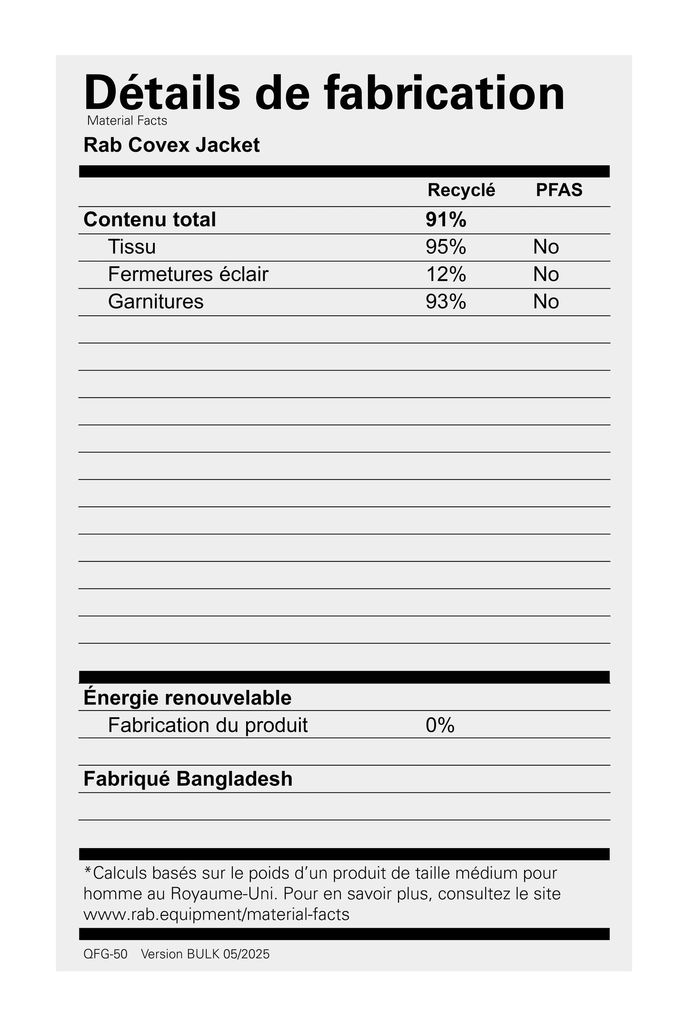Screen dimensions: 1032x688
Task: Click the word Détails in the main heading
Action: pyautogui.click(x=162, y=93)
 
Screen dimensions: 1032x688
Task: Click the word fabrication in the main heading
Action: pyautogui.click(x=445, y=93)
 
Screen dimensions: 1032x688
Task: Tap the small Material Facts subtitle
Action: pyautogui.click(x=127, y=121)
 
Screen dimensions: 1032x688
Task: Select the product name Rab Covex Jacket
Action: pyautogui.click(x=171, y=145)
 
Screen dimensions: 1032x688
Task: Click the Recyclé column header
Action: pyautogui.click(x=461, y=190)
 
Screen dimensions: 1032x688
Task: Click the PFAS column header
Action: pyautogui.click(x=559, y=190)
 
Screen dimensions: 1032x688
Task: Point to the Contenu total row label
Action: pyautogui.click(x=150, y=220)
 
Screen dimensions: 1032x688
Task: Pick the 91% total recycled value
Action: pyautogui.click(x=446, y=220)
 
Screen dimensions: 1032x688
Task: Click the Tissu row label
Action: pyautogui.click(x=132, y=247)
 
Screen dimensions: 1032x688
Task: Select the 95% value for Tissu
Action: pyautogui.click(x=446, y=247)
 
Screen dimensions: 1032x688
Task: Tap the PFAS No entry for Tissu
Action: pyautogui.click(x=546, y=247)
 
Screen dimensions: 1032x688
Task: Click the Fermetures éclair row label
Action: pyautogui.click(x=188, y=274)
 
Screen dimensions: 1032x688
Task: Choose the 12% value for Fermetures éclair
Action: pyautogui.click(x=446, y=274)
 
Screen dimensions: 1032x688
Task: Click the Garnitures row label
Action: pyautogui.click(x=156, y=301)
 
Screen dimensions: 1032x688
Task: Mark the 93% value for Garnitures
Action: pyautogui.click(x=446, y=301)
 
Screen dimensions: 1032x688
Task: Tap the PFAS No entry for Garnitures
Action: pyautogui.click(x=546, y=301)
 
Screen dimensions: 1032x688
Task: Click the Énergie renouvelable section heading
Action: pyautogui.click(x=187, y=698)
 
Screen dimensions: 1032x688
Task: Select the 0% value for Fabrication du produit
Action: pyautogui.click(x=440, y=725)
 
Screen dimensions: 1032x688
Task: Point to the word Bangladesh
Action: pyautogui.click(x=234, y=779)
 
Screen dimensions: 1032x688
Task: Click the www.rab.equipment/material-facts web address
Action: pyautogui.click(x=216, y=914)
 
